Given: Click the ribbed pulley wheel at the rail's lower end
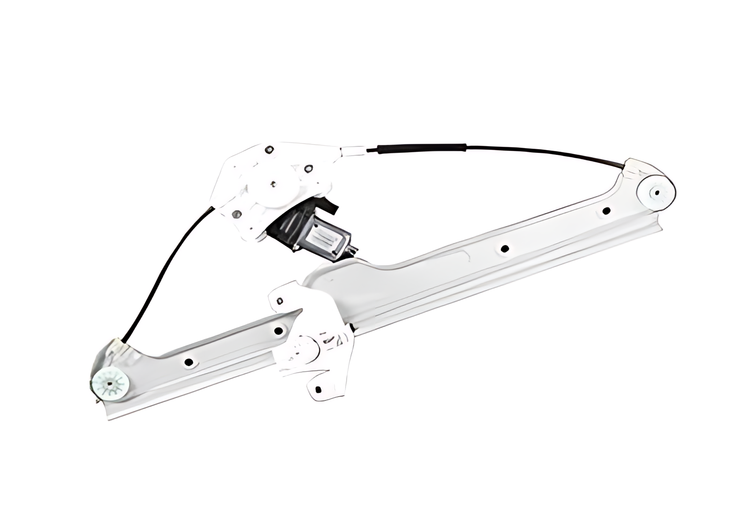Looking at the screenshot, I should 111,383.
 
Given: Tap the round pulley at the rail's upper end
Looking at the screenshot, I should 657,192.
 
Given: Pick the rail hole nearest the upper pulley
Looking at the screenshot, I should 606,210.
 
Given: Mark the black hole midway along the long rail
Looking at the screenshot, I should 505,249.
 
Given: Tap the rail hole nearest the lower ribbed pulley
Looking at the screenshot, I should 189,362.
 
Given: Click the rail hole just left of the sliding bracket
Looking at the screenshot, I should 278,331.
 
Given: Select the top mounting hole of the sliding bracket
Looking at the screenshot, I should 281,300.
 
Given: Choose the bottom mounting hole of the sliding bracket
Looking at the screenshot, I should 318,389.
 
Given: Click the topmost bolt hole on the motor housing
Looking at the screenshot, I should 269,150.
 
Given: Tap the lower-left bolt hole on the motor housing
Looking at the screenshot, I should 236,214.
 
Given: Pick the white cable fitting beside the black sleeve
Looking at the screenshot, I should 353,151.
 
